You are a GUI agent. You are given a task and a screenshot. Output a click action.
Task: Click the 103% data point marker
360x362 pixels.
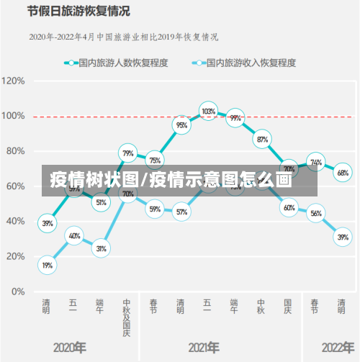click(208, 112)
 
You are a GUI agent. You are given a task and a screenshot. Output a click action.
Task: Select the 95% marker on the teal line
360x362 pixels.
click(181, 125)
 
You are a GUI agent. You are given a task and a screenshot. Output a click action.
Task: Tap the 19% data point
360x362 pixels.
click(47, 266)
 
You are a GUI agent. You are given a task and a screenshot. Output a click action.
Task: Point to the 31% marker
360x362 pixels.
click(101, 248)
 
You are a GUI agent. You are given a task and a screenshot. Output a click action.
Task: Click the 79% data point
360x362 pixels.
click(127, 153)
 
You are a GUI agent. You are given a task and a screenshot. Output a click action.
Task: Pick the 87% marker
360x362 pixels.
click(262, 140)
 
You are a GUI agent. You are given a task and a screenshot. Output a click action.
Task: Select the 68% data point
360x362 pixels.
click(343, 173)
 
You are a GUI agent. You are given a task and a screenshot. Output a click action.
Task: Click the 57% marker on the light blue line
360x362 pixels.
click(181, 212)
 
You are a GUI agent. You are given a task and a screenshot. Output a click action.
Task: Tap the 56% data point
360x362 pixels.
click(316, 213)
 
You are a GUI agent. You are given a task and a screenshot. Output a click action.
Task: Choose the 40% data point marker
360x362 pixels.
click(74, 235)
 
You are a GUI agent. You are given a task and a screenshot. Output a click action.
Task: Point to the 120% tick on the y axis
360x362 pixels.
click(14, 81)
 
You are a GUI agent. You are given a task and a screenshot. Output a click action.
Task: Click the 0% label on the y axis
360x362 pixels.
click(17, 292)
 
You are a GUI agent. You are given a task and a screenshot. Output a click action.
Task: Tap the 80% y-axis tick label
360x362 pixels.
click(16, 151)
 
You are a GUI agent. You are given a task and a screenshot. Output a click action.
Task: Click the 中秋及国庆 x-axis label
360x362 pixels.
click(127, 317)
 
